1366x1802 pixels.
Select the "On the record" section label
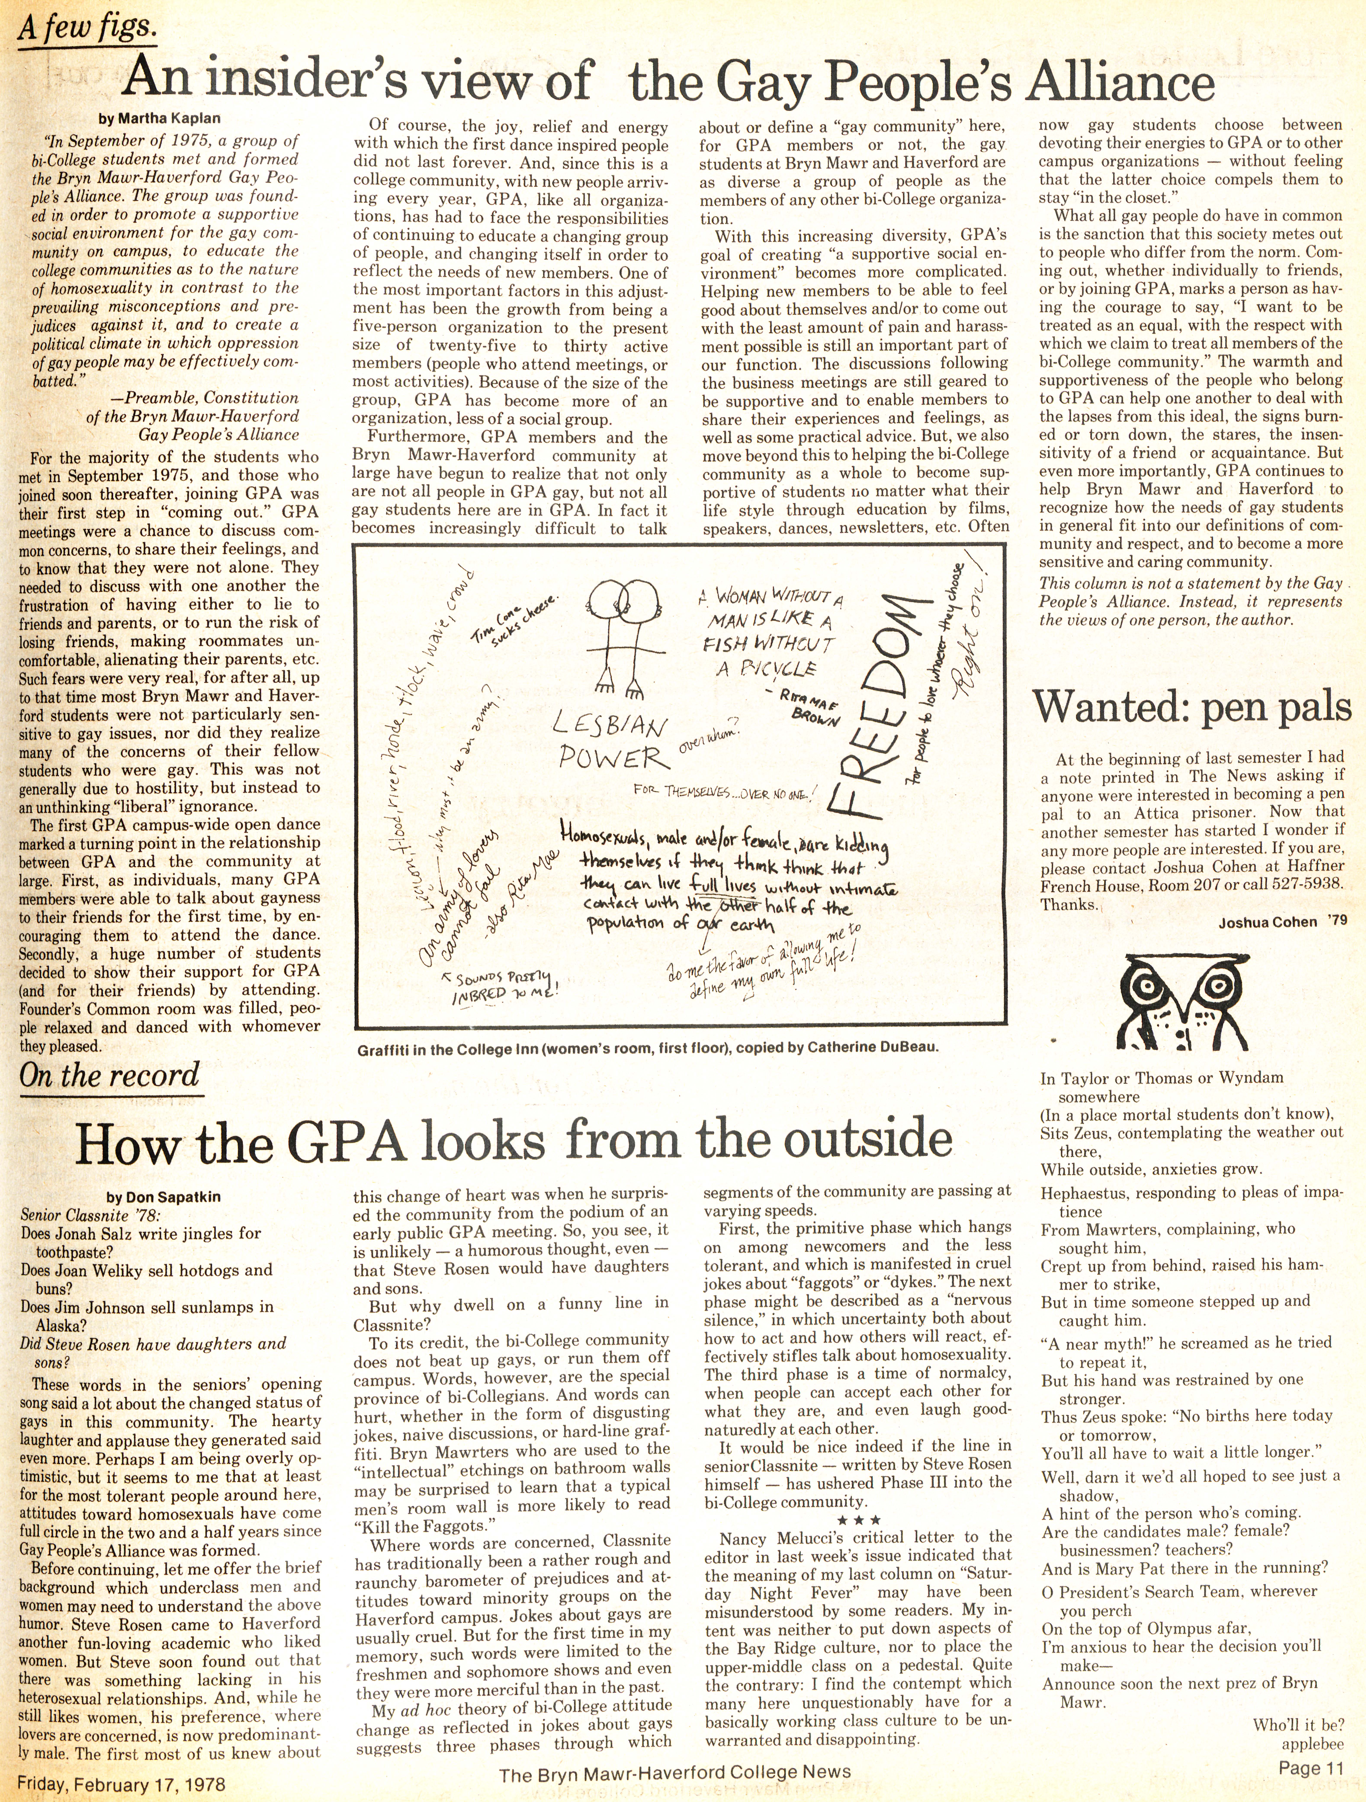109,1075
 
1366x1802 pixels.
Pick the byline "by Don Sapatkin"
164,1197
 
